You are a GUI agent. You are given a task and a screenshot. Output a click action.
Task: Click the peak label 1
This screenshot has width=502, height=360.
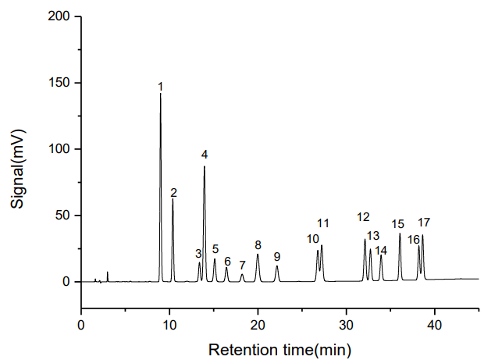[160, 86]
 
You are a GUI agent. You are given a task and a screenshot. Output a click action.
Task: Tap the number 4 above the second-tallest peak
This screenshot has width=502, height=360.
[205, 154]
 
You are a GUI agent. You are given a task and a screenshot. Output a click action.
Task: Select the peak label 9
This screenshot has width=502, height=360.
[276, 256]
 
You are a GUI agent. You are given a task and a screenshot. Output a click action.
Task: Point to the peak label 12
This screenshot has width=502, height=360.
[363, 217]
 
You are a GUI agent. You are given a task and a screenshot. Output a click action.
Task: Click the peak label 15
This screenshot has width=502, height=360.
[398, 224]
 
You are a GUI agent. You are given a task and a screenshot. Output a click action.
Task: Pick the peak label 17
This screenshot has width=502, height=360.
[424, 223]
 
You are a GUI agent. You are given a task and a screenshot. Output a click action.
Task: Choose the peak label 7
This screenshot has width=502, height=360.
[242, 266]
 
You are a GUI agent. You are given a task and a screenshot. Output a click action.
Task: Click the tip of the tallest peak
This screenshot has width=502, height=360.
[161, 94]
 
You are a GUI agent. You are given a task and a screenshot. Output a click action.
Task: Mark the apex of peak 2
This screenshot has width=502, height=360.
[173, 198]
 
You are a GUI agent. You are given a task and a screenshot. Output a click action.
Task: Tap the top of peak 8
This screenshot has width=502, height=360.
[258, 254]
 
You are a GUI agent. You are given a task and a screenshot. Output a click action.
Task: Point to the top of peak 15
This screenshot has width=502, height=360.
[400, 233]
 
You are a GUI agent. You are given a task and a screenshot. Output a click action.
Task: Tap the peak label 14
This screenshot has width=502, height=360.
[381, 251]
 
